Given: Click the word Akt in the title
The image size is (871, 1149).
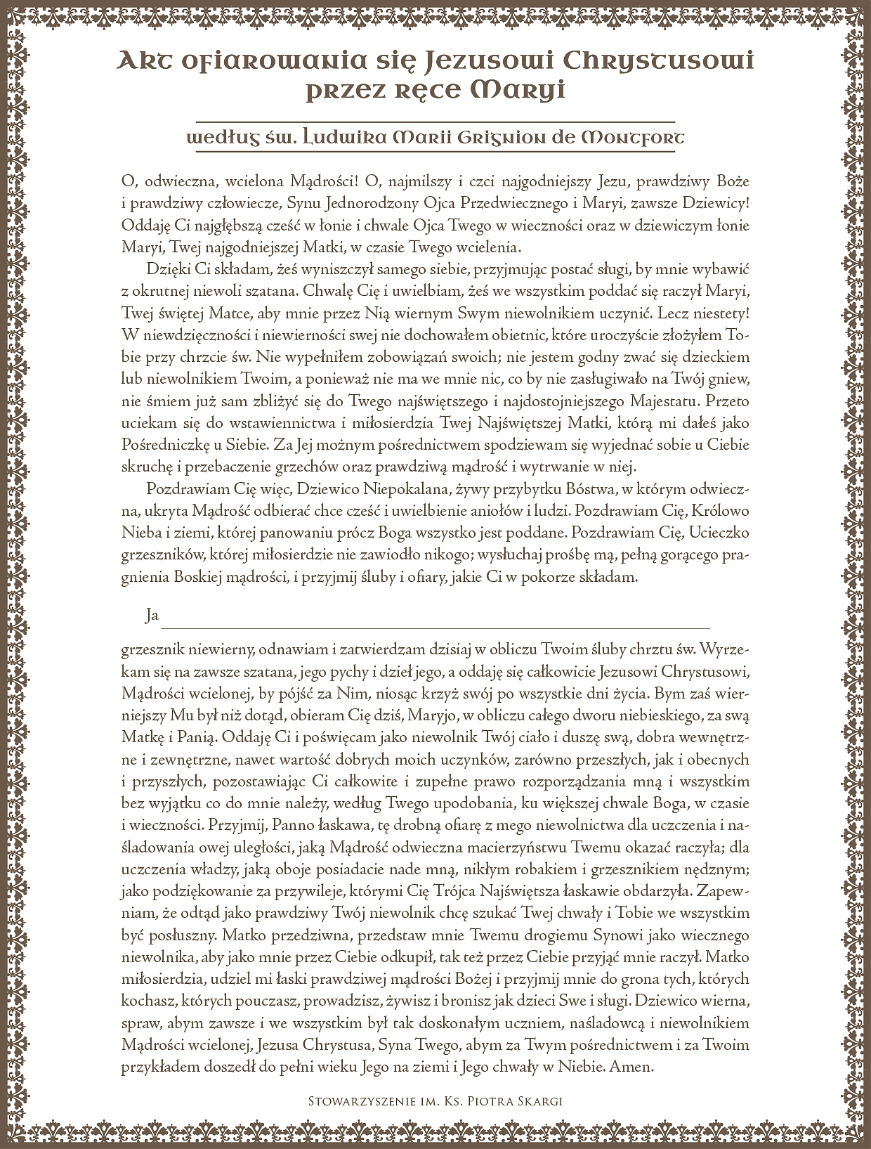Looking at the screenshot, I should tap(144, 62).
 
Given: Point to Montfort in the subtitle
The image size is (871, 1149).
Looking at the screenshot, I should tap(630, 138).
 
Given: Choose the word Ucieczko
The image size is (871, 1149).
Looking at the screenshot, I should tap(721, 533).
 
